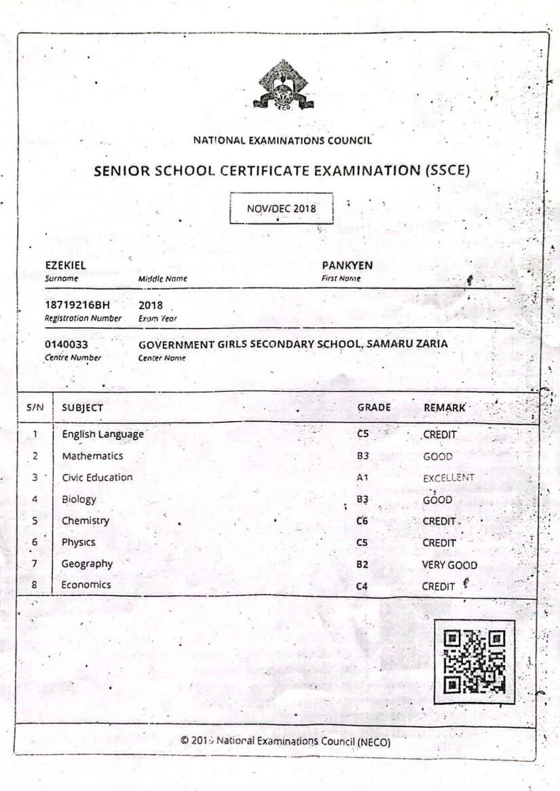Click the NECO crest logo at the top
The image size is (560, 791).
[x=283, y=86]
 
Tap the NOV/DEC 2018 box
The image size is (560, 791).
[x=281, y=208]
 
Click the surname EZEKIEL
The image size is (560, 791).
[x=65, y=265]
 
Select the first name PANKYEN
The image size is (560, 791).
[x=347, y=265]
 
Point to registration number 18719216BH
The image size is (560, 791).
[x=77, y=306]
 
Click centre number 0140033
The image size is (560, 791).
[x=67, y=344]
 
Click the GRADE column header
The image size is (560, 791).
[x=374, y=407]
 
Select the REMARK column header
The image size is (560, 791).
[x=445, y=407]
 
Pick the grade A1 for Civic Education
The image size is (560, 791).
[x=362, y=477]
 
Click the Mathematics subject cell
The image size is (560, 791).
[x=92, y=456]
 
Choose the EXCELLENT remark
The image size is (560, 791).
[x=449, y=478]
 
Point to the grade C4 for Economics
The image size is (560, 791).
[x=362, y=585]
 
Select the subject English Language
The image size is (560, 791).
[x=102, y=434]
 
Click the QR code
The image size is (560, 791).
[x=474, y=662]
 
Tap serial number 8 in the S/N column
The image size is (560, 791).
[x=34, y=585]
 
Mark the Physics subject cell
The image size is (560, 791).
[x=78, y=542]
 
